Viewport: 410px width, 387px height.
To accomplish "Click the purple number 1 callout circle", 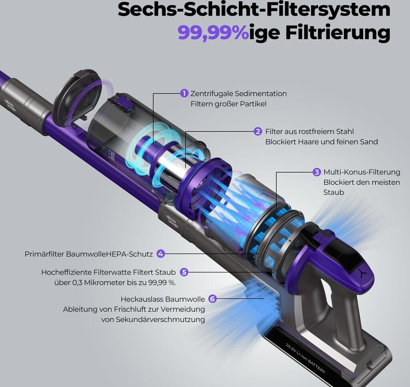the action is tap(184, 93).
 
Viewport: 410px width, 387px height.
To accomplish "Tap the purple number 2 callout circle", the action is tap(258, 131).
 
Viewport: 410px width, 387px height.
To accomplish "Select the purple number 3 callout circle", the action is tap(317, 172).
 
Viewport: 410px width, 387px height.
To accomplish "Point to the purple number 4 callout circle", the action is tap(161, 254).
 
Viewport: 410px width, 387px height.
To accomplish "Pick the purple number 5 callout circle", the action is tap(184, 272).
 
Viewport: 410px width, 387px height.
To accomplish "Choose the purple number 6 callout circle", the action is tap(213, 299).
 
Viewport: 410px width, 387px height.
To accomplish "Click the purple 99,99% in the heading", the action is tap(213, 33).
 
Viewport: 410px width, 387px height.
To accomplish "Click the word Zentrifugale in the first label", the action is tap(211, 94).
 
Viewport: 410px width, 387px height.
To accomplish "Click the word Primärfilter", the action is tap(44, 254).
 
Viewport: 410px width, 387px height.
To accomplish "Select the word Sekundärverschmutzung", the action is tap(160, 319).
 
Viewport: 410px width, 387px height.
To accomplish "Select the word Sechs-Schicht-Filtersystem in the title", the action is tap(254, 10).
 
